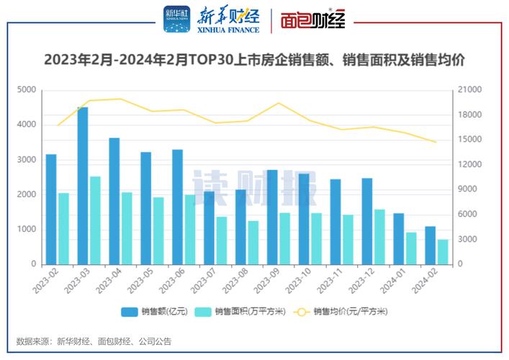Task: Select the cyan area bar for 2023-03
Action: pyautogui.click(x=95, y=220)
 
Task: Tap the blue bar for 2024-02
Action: pyautogui.click(x=430, y=246)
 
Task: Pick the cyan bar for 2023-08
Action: pyautogui.click(x=253, y=243)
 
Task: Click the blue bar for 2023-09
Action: pyautogui.click(x=272, y=217)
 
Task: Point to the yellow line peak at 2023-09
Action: pyautogui.click(x=279, y=103)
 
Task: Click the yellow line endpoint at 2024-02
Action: pyautogui.click(x=436, y=142)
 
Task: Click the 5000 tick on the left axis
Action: pyautogui.click(x=26, y=90)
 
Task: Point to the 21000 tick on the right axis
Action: pyautogui.click(x=472, y=90)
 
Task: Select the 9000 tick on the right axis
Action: pyautogui.click(x=469, y=189)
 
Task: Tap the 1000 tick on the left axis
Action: pyautogui.click(x=26, y=230)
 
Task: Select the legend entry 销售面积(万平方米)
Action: pyautogui.click(x=242, y=312)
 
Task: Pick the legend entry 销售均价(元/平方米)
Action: pyautogui.click(x=344, y=312)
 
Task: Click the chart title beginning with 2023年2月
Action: pyautogui.click(x=253, y=60)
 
